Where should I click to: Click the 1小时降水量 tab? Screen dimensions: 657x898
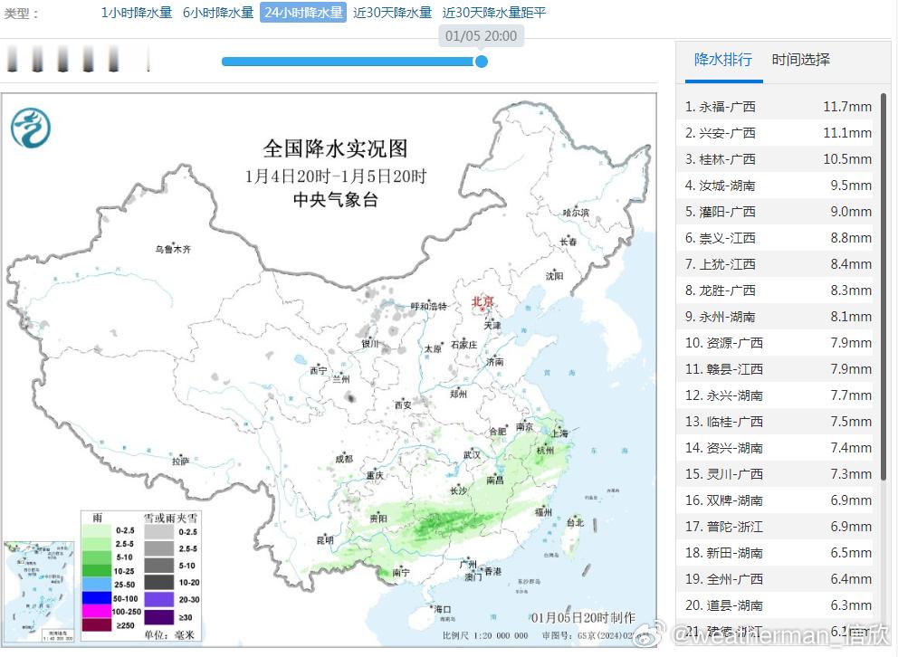(136, 13)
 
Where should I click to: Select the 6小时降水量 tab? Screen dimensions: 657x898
(218, 13)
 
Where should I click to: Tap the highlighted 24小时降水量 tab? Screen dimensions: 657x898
(303, 13)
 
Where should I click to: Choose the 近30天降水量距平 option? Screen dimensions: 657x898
(494, 13)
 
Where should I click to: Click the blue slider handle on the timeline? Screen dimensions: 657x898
(482, 62)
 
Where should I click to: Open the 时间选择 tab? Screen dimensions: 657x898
(800, 60)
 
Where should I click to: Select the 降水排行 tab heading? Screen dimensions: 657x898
(722, 60)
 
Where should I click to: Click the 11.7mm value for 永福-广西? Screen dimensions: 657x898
(846, 107)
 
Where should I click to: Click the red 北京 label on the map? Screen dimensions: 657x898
(483, 301)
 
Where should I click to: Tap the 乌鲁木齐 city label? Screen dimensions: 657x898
(172, 249)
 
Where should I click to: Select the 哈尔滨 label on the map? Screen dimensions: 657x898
(576, 212)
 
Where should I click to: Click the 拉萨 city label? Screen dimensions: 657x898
(181, 461)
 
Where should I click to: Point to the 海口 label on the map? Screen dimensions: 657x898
(442, 609)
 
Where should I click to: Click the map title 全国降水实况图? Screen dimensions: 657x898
(335, 148)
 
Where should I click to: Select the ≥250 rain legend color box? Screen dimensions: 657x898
(94, 623)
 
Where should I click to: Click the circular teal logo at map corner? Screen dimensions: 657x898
(31, 128)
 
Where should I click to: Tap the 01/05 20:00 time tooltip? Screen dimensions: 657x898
(482, 36)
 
